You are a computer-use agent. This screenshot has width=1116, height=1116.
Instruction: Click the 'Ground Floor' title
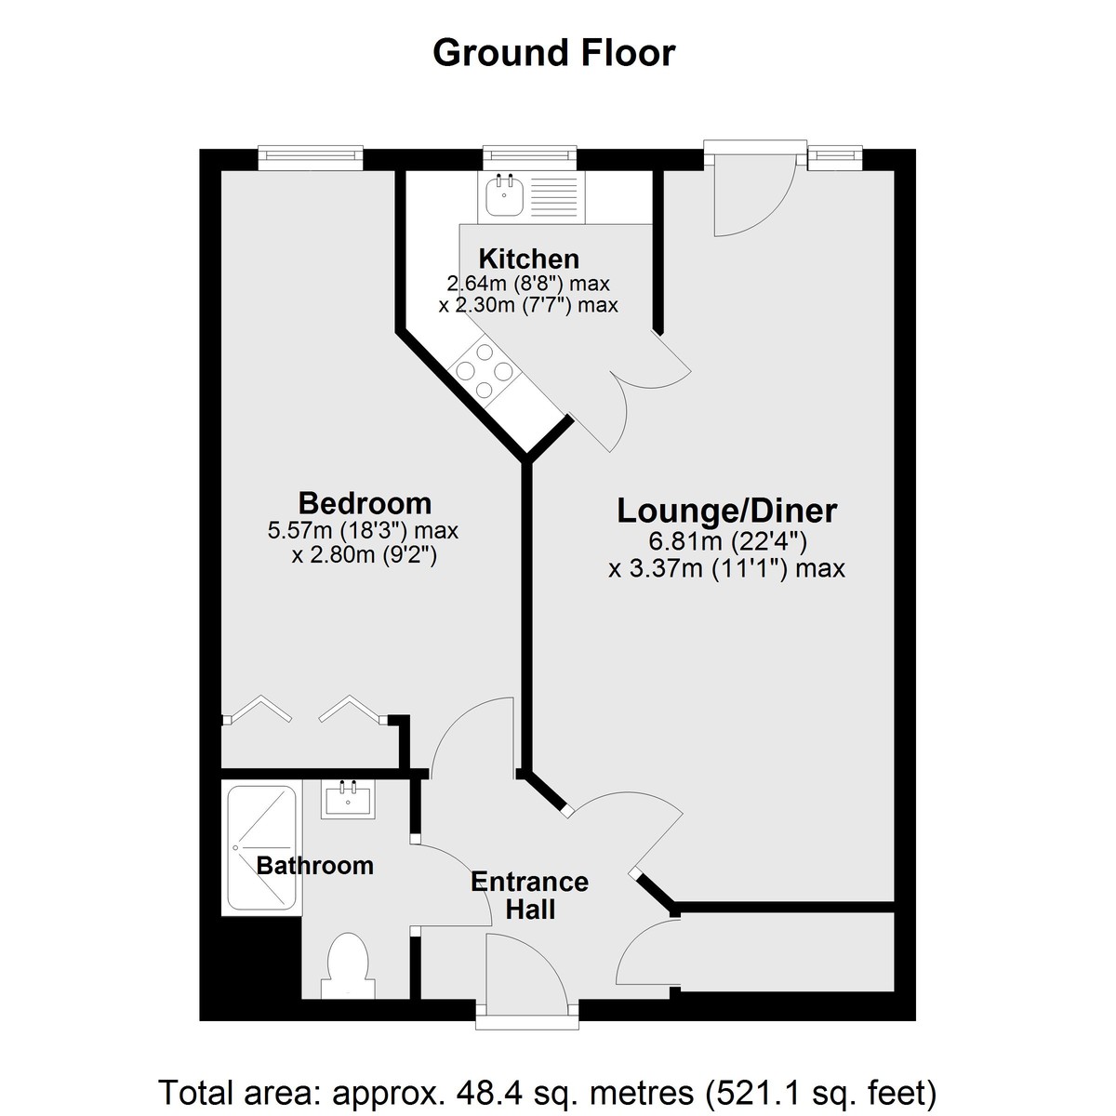pos(553,53)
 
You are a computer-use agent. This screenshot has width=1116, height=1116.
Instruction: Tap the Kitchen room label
pos(529,259)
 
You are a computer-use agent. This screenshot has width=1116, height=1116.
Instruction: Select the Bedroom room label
pos(365,503)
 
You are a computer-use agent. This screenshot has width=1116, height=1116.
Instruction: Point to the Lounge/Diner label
pos(727,511)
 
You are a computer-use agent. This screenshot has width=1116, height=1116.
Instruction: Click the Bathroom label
pos(314,866)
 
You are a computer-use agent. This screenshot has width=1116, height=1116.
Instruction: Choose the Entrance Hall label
pos(529,896)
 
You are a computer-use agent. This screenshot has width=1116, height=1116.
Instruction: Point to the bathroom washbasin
pos(348,800)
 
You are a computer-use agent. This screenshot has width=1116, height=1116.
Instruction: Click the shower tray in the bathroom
pos(261,847)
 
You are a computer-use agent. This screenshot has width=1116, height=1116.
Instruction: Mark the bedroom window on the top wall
pos(311,159)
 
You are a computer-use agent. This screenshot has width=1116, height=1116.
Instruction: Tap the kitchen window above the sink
pos(530,157)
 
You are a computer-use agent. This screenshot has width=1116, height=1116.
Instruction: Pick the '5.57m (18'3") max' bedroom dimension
pos(363,530)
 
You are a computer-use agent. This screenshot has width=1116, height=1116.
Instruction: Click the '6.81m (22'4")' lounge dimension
pos(727,542)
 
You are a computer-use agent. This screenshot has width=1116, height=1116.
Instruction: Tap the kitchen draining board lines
pos(554,194)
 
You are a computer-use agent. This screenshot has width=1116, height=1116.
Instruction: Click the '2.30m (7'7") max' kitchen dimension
pos(527,305)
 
